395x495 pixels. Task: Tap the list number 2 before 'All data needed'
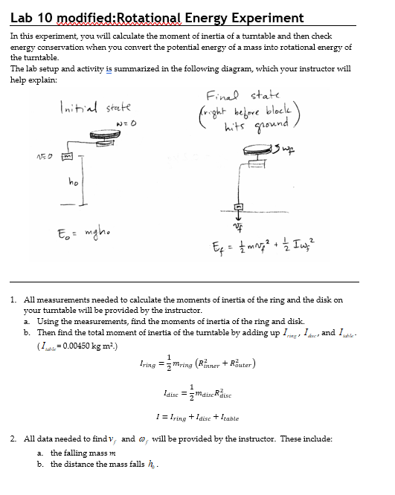coord(14,439)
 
